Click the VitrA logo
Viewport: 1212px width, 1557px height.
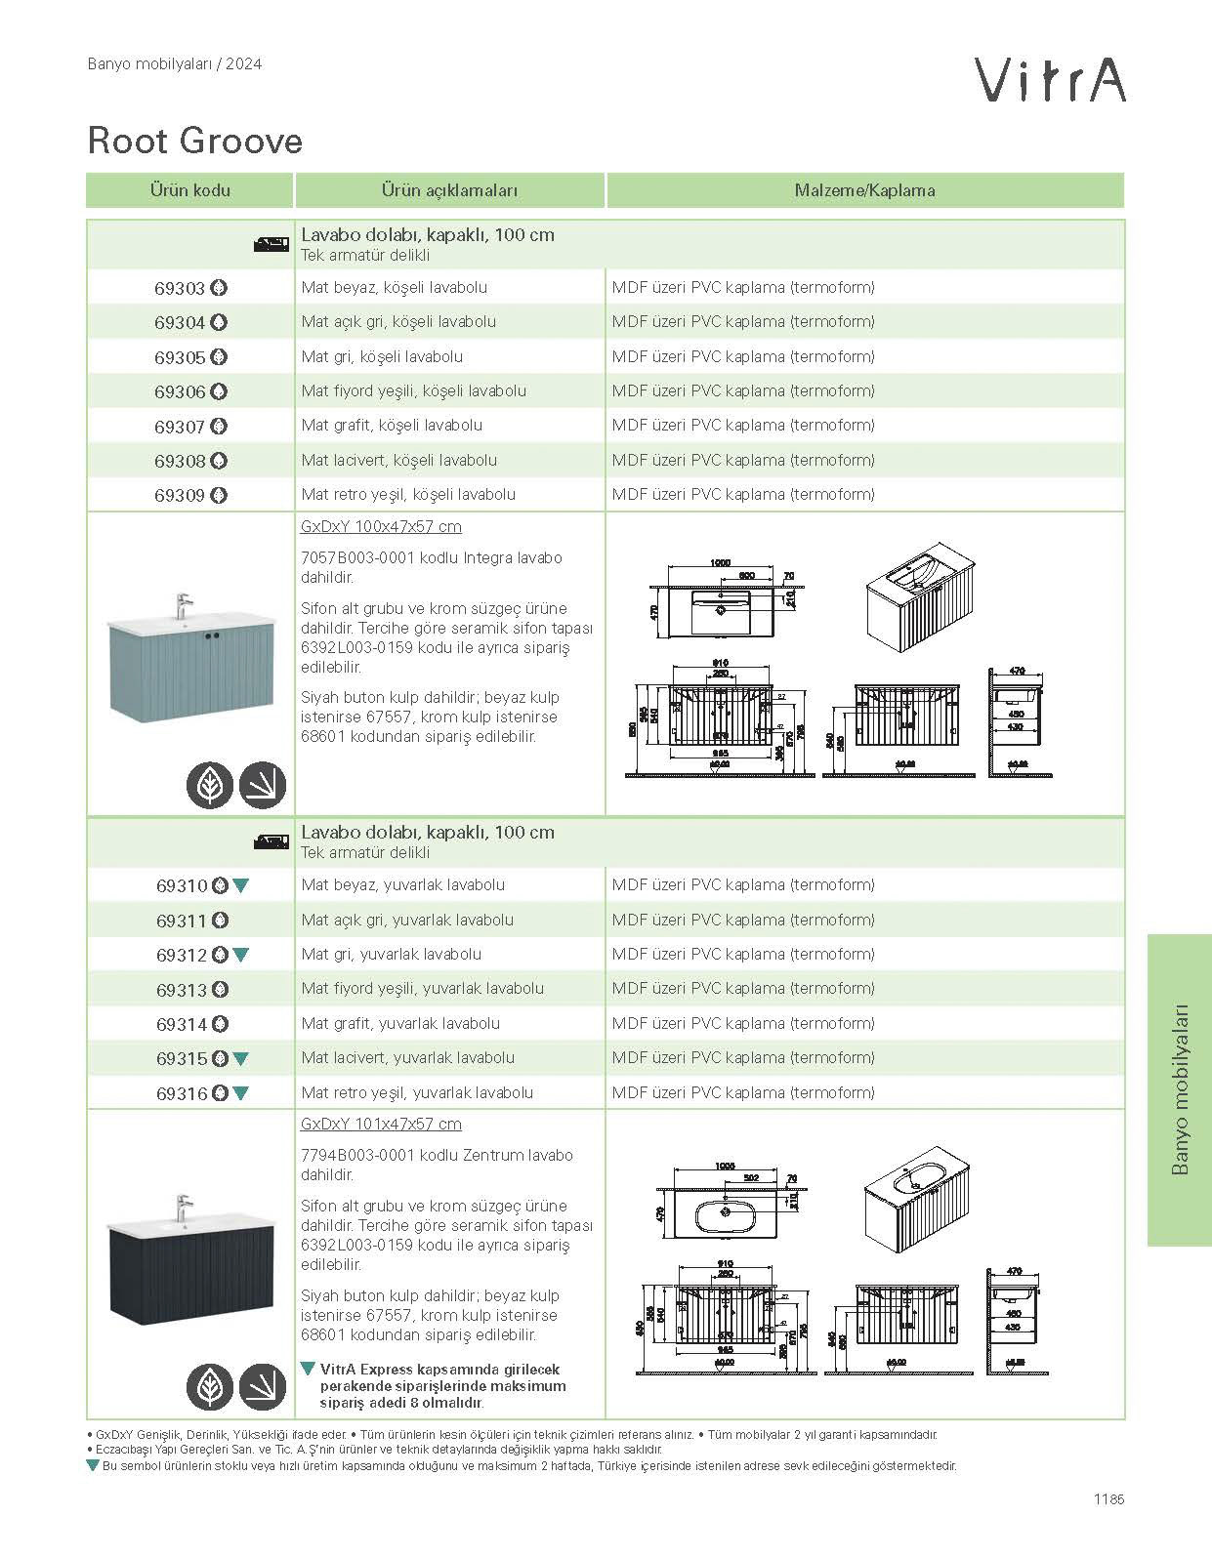click(1051, 79)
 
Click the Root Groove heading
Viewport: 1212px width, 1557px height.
click(195, 141)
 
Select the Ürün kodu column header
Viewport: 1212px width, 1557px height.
click(189, 190)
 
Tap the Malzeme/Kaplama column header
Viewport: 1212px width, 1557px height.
click(864, 190)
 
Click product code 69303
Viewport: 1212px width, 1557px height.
click(180, 288)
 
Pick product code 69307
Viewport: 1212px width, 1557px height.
click(180, 427)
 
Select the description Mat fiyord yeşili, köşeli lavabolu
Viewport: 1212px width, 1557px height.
click(414, 390)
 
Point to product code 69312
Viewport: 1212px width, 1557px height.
click(182, 955)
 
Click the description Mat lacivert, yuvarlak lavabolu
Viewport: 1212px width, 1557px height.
click(408, 1057)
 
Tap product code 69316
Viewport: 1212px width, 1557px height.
click(182, 1093)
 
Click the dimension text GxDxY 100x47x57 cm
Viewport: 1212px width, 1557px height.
click(381, 526)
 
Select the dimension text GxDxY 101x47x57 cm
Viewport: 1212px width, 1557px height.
click(381, 1124)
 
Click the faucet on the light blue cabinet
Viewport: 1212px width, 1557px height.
click(183, 605)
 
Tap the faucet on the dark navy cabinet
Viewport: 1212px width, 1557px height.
click(183, 1207)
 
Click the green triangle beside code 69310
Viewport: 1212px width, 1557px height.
click(241, 885)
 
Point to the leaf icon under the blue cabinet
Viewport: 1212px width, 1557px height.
click(210, 785)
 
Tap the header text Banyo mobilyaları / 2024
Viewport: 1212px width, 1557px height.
click(175, 64)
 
